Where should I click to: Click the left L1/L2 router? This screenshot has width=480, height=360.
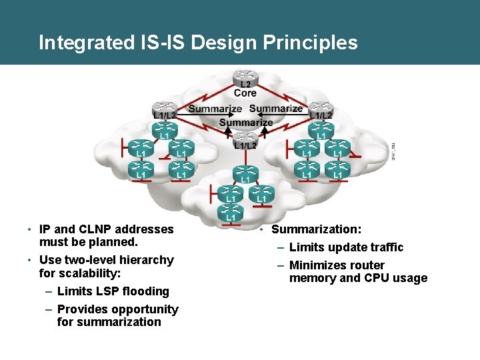coord(163,108)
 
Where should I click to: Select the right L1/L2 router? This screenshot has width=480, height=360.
coord(321,108)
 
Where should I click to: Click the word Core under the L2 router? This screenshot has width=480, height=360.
coord(245,93)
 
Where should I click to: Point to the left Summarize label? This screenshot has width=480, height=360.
coord(215,109)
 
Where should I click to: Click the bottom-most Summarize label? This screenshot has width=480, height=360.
coord(245,122)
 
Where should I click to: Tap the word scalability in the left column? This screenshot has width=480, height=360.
coord(93,273)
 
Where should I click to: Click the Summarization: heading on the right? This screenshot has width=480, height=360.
coord(317,229)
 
